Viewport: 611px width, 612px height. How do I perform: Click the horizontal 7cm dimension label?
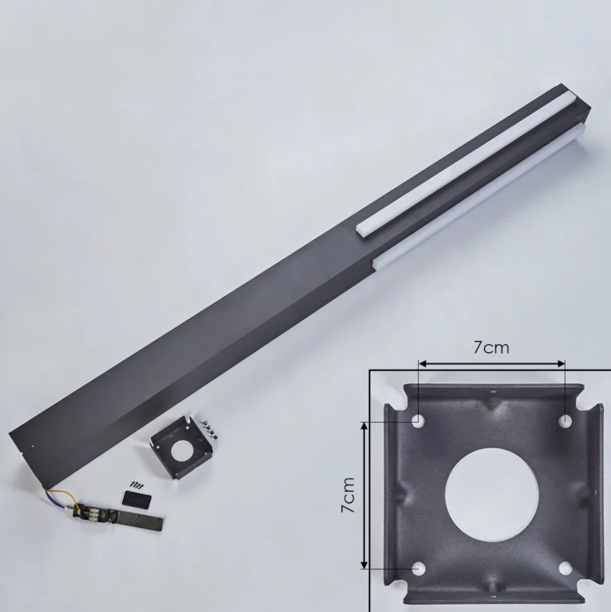coord(491,347)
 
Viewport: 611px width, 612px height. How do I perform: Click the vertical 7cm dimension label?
coord(348,495)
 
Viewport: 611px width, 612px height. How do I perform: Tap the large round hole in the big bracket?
coord(492,493)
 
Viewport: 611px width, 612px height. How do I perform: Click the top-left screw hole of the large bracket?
coord(418,420)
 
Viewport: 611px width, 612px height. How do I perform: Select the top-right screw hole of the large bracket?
coord(566,420)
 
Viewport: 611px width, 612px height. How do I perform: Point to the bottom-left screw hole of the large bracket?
coord(418,569)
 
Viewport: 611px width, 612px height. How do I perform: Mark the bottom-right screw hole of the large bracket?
coord(566,569)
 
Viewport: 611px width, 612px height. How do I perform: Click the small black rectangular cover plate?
coord(137,500)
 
